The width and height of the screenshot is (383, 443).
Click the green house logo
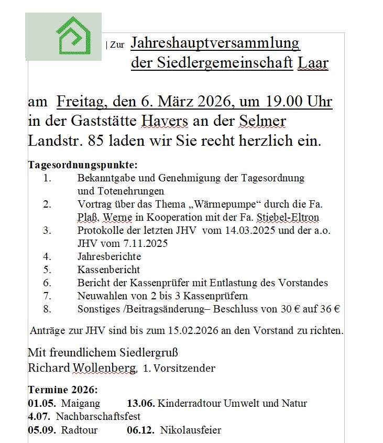(x=73, y=36)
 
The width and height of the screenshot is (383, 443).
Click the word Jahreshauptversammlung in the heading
(x=215, y=43)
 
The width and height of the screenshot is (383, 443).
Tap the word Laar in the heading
(x=313, y=63)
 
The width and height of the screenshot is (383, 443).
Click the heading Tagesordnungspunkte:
(x=83, y=166)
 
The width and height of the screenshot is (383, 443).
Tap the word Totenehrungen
(x=121, y=191)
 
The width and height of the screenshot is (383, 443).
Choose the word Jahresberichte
(x=109, y=257)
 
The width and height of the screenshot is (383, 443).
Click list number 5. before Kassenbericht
(x=47, y=270)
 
